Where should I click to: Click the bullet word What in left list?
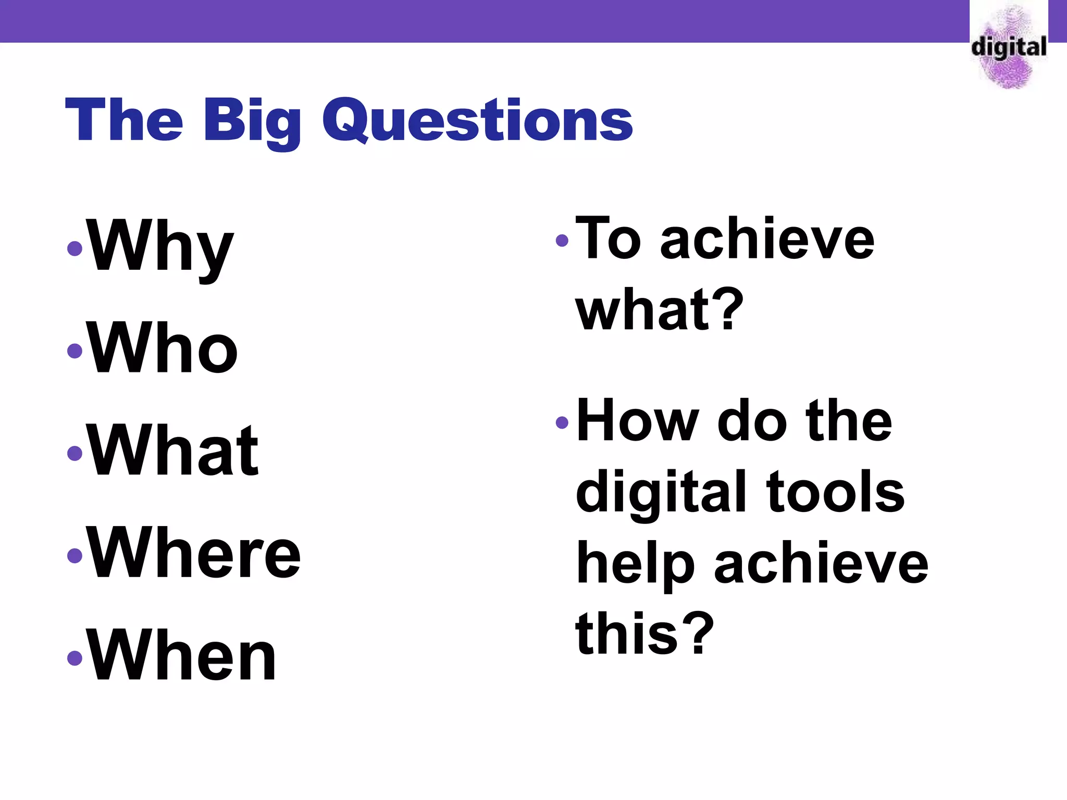coord(173,451)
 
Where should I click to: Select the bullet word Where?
coord(194,553)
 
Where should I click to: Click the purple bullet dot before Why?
coord(75,248)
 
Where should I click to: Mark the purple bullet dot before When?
coord(75,658)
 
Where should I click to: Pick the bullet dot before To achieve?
coord(562,240)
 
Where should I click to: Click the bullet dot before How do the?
coord(562,422)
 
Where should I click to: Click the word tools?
coord(836,492)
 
